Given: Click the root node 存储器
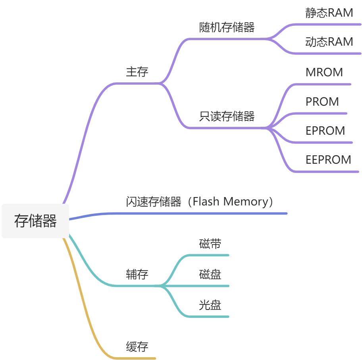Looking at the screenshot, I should (35, 221).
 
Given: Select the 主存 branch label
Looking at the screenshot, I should (137, 72).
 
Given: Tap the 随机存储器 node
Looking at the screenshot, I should (227, 27).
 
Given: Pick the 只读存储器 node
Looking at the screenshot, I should (227, 116).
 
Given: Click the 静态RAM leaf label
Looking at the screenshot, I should (329, 13).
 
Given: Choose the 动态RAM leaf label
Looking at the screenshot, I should (329, 42).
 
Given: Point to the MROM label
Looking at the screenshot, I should (324, 72).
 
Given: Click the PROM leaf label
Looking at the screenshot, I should (322, 102).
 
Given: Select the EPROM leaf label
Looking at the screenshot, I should (325, 131).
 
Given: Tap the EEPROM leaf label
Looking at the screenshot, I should (328, 160).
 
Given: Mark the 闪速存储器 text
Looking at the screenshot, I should (153, 202).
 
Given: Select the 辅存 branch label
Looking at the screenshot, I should (137, 274).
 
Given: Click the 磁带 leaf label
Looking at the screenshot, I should (210, 244).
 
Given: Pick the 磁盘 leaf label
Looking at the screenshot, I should (210, 274).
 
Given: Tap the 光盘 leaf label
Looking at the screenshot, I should (210, 305).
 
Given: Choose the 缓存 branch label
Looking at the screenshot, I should (137, 346).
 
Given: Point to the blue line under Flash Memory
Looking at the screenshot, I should (198, 213).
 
